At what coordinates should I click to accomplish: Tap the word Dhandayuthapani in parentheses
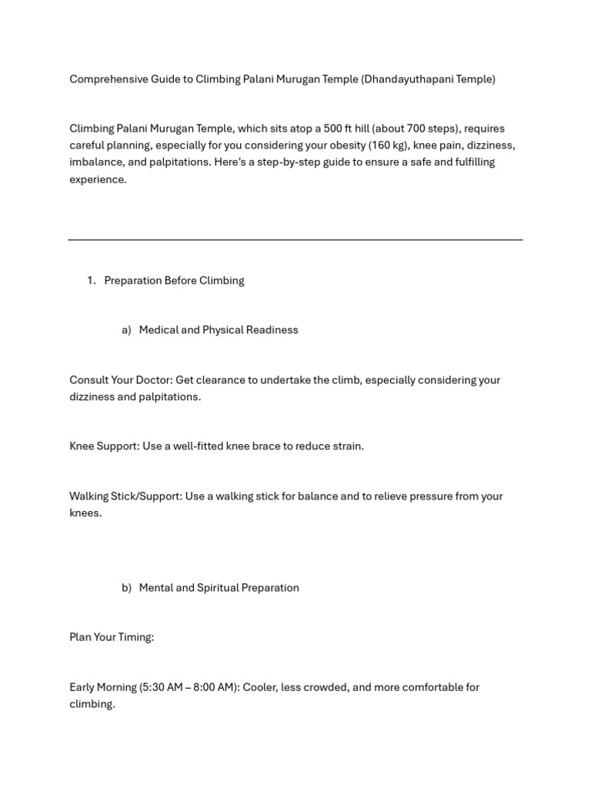[409, 79]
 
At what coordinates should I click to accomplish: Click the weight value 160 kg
[387, 145]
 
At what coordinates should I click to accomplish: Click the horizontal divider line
[295, 240]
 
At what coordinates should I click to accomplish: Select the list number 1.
[91, 281]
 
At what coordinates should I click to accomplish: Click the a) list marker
[126, 330]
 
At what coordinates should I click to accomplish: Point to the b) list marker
[126, 588]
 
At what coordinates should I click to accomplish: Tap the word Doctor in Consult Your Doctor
[153, 380]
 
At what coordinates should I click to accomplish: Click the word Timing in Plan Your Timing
[135, 637]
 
